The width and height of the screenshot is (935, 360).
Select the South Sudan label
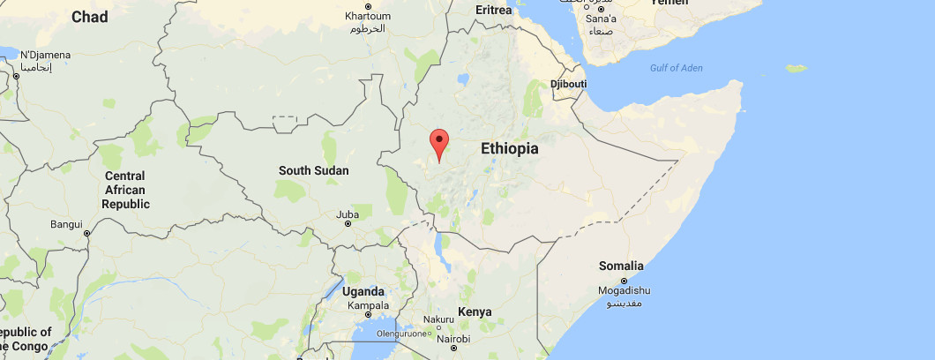[x=313, y=170]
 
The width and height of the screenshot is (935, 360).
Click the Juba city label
[x=348, y=214]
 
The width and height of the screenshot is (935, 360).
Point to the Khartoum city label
[x=366, y=17]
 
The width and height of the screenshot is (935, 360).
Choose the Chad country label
[x=89, y=17]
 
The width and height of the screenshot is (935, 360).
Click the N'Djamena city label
[x=45, y=55]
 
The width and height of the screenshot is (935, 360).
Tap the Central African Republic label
[x=124, y=190]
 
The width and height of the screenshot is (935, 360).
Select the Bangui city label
[x=66, y=224]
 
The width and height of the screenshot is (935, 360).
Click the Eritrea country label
[x=493, y=10]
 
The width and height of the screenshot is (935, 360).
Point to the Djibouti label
[x=568, y=84]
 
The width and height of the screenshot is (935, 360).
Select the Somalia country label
[x=622, y=266]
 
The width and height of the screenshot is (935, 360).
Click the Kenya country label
[x=475, y=311]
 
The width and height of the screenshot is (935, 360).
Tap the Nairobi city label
[x=453, y=339]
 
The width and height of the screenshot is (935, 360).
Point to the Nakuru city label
[x=438, y=319]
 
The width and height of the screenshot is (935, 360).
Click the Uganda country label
[x=363, y=292]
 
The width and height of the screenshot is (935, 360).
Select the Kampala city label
[x=369, y=305]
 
